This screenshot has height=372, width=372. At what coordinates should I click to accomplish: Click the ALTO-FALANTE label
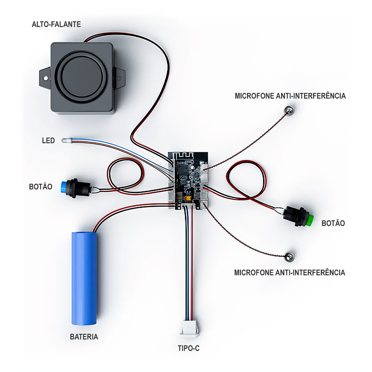[x=56, y=24]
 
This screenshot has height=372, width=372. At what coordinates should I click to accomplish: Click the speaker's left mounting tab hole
[x=45, y=77]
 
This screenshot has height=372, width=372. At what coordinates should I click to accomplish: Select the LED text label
[x=48, y=140]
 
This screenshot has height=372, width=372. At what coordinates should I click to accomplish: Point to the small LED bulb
[x=65, y=141]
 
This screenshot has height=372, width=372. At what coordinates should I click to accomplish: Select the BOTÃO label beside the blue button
[x=40, y=187]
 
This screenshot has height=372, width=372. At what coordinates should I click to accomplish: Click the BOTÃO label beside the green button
[x=333, y=223]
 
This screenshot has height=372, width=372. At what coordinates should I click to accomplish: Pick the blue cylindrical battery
[x=84, y=278]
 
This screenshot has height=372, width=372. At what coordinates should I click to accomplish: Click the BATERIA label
[x=84, y=337]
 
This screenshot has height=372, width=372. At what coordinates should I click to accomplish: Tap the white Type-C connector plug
[x=190, y=328]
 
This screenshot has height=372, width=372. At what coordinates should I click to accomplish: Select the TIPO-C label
[x=189, y=349]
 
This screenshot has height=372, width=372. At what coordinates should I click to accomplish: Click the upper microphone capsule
[x=289, y=110]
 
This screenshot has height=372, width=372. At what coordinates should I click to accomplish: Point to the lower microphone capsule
[x=290, y=256]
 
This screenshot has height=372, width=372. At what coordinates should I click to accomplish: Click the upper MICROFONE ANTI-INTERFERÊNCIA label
[x=290, y=96]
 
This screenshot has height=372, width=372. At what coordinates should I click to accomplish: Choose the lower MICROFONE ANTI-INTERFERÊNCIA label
[x=290, y=272]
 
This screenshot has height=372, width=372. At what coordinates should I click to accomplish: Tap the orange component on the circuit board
[x=189, y=199]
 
